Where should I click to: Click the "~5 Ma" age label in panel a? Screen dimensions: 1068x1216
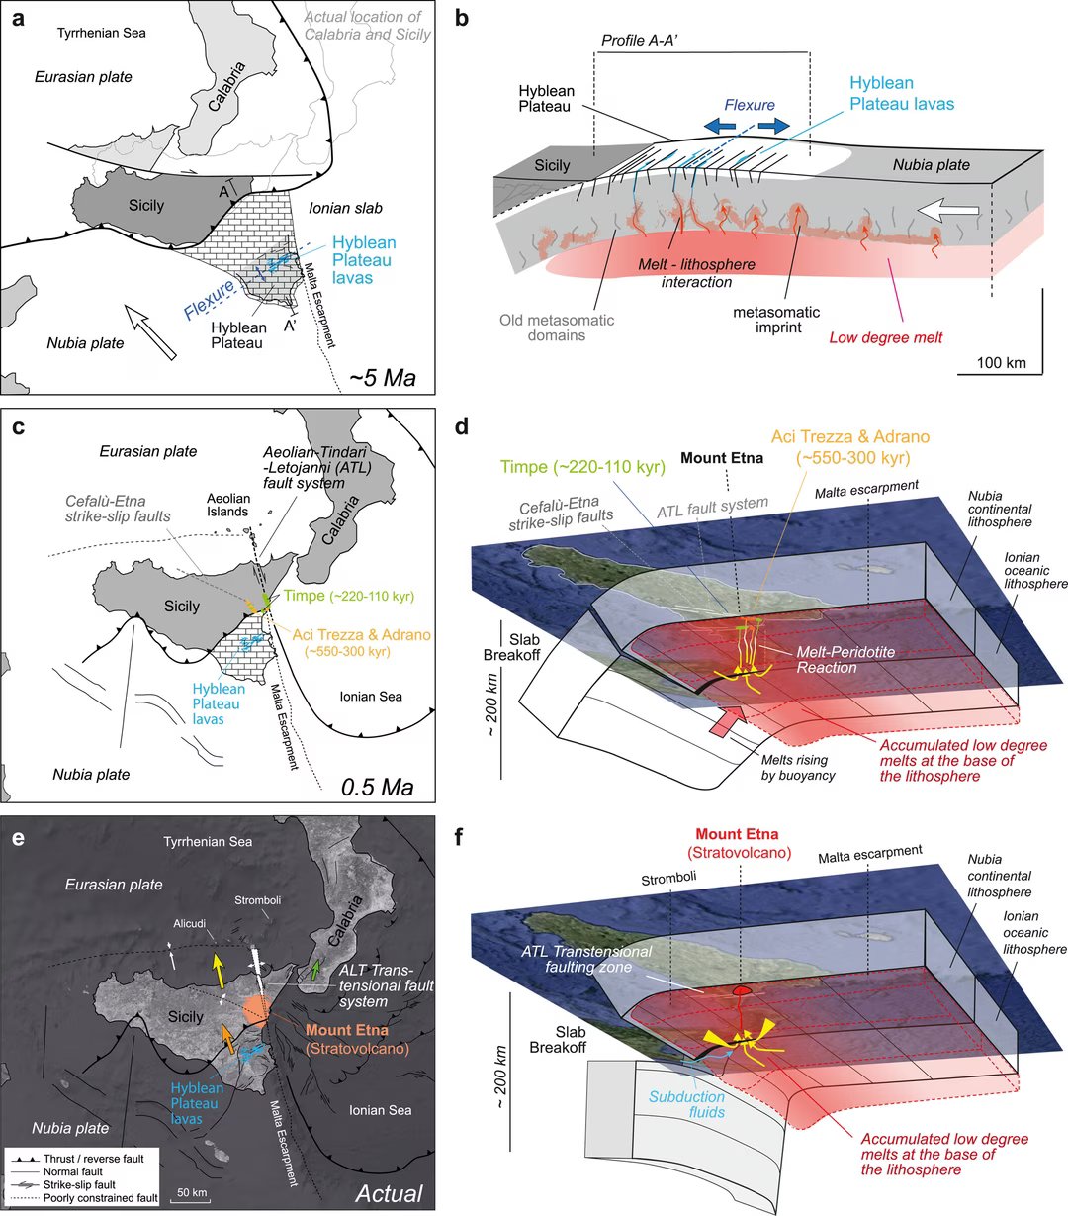[382, 378]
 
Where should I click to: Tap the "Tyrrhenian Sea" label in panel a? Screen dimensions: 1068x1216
[102, 33]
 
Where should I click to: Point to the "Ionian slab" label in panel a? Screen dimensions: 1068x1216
[345, 208]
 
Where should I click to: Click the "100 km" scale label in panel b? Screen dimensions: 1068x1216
[1002, 362]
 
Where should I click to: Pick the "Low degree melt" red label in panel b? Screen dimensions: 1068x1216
[886, 338]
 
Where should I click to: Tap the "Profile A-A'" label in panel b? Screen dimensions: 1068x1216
[640, 41]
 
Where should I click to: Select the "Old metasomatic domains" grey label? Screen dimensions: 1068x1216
[557, 327]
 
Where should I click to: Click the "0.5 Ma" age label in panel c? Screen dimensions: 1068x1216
[378, 787]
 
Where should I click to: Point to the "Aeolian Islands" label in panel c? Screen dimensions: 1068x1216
[228, 505]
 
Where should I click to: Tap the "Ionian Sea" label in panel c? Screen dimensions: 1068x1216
[371, 697]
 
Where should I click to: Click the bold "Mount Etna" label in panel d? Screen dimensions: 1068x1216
[722, 458]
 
